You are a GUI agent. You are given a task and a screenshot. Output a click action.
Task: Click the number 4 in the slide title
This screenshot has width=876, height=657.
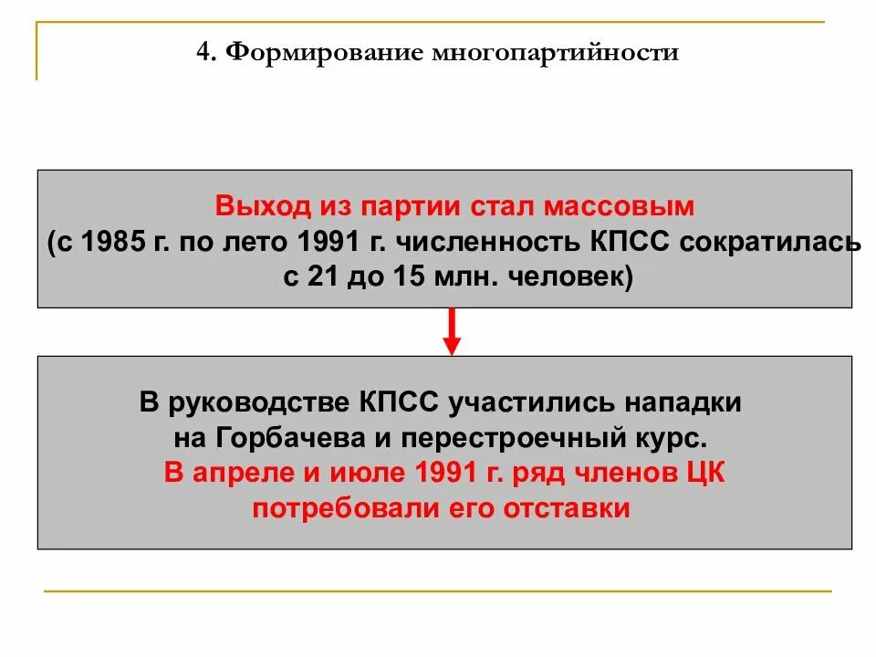coord(203,53)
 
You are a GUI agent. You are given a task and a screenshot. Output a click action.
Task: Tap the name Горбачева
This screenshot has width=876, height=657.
coord(292,437)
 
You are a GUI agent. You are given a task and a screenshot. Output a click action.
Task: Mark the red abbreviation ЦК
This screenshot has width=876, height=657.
coord(705,473)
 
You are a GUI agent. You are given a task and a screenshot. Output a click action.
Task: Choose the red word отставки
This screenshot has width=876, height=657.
coord(567,508)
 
